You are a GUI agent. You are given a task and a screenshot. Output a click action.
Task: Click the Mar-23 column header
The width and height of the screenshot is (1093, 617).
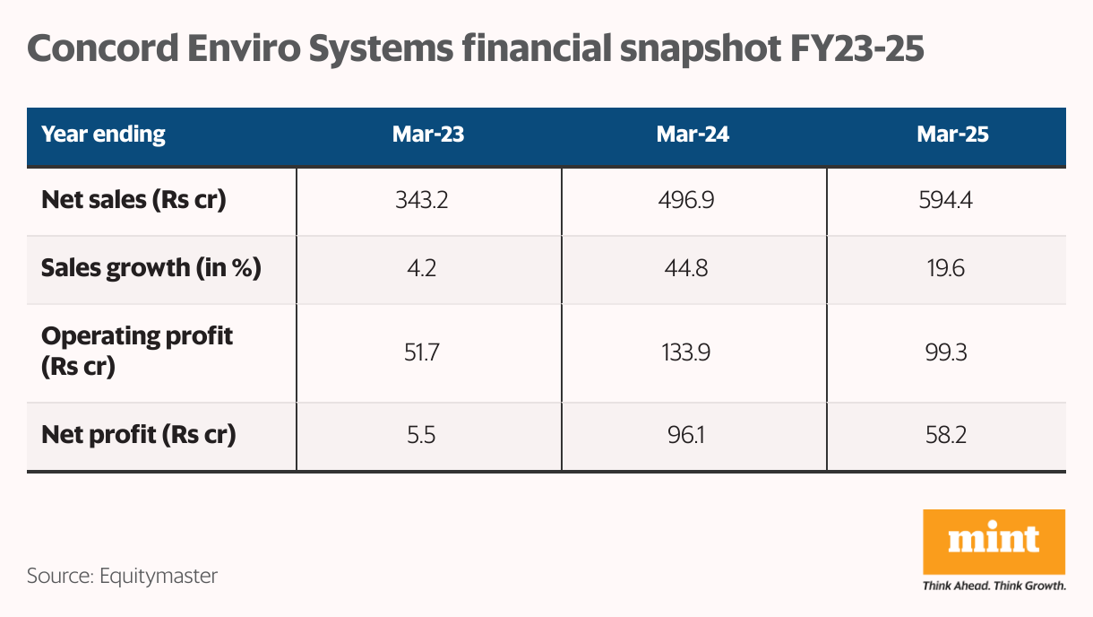(428, 135)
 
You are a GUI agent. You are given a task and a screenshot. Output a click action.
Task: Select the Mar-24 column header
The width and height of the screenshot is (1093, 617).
(693, 135)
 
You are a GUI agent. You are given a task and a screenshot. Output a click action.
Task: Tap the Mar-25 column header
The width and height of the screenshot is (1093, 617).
(952, 135)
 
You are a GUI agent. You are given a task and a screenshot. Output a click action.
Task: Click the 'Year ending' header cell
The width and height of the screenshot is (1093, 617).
(104, 135)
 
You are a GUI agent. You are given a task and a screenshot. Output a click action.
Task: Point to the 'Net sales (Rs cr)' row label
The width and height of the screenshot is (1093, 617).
(133, 200)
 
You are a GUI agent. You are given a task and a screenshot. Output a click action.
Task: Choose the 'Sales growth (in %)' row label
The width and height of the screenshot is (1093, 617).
(151, 268)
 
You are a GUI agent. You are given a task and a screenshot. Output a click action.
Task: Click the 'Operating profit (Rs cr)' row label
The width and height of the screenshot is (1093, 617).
(137, 352)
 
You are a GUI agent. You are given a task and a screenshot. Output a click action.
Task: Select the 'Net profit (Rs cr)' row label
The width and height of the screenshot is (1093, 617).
(139, 436)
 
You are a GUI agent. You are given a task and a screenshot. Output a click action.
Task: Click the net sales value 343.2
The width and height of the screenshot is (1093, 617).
(421, 200)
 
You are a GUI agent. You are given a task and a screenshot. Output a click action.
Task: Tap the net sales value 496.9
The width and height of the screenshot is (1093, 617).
(685, 200)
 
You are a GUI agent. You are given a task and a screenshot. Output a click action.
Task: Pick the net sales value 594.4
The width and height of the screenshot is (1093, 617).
(945, 200)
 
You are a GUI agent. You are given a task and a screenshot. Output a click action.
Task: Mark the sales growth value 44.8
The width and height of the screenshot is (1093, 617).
(685, 268)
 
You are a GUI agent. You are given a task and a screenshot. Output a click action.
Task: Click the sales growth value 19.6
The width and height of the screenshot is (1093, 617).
(945, 268)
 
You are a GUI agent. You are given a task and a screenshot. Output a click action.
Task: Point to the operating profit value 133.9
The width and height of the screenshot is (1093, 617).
(685, 352)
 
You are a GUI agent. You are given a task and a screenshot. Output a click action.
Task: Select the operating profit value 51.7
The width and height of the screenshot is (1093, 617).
(421, 352)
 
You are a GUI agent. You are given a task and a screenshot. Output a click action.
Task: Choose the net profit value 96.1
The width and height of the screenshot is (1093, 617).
(685, 436)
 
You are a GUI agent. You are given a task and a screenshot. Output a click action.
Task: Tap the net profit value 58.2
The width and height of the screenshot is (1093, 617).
(945, 436)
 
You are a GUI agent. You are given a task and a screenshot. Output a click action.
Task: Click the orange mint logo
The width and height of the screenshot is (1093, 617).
(994, 542)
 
